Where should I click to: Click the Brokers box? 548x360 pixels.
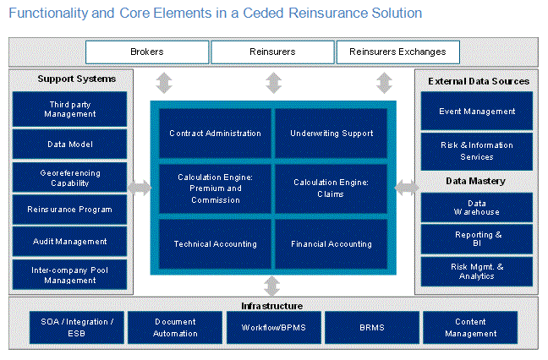147,52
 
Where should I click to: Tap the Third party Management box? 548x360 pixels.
70,109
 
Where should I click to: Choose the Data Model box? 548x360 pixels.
70,145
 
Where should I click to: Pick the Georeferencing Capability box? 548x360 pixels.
70,177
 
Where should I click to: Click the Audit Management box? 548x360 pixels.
70,242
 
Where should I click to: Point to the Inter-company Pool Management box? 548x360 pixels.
70,275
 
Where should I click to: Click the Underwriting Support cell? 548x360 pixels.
332,134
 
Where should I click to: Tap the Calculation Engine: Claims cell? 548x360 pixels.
332,188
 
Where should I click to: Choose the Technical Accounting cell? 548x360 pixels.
215,244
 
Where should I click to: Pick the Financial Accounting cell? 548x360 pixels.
332,244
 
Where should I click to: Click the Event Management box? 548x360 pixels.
477,112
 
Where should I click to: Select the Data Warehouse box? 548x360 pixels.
477,208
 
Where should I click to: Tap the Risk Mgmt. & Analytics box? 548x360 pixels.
477,271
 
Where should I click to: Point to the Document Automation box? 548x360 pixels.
176,328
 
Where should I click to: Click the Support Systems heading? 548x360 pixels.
76,79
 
